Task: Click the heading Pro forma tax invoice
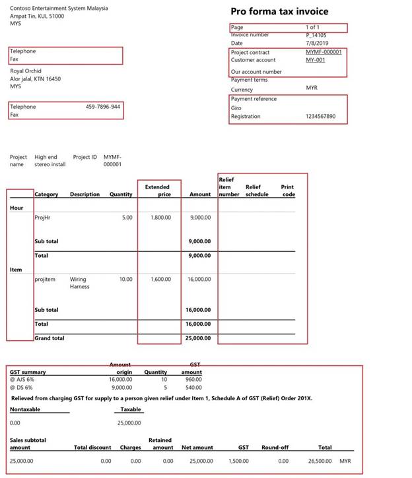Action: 279,11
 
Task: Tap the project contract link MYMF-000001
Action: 324,52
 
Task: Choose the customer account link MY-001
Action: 316,60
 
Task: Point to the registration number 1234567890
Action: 320,117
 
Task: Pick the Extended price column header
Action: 158,191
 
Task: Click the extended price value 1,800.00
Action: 158,217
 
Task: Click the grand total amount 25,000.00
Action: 198,338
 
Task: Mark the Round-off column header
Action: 275,448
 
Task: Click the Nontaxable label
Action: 26,409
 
